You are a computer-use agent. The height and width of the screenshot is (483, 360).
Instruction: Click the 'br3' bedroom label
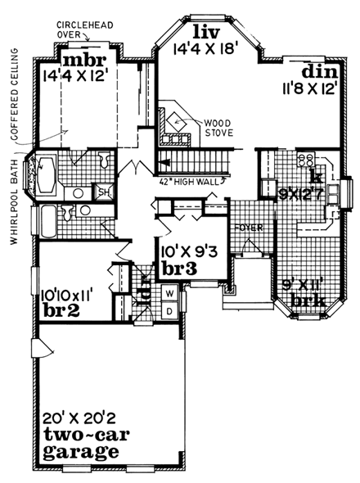coord(176,268)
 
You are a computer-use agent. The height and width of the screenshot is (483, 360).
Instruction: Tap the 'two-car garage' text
coord(81,442)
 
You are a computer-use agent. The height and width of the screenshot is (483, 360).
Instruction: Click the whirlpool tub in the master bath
coord(44,174)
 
